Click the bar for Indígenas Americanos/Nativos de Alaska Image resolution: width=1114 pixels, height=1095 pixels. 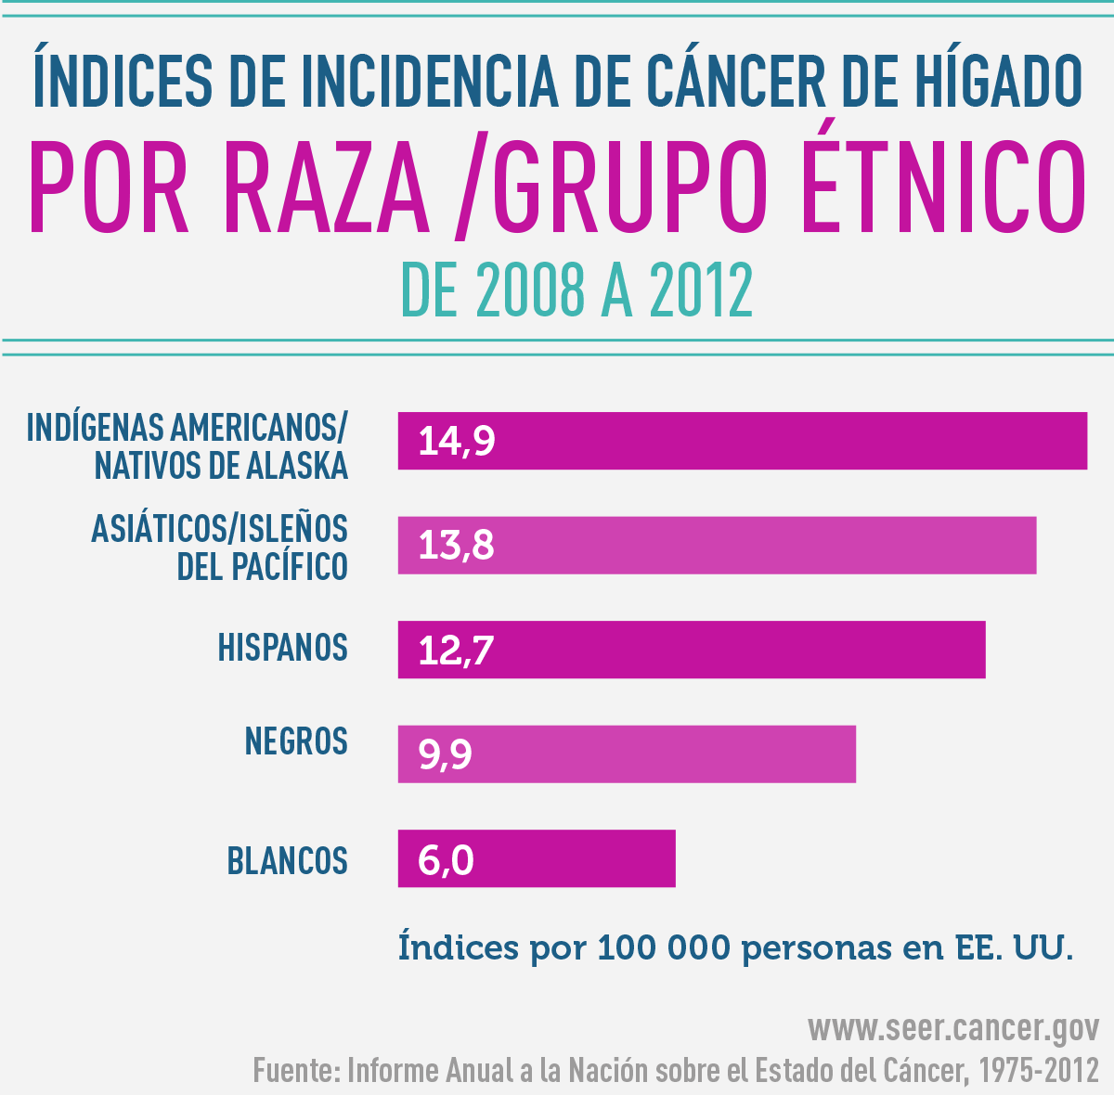click(x=743, y=441)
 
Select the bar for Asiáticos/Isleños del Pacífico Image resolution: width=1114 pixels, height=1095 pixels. click(x=717, y=545)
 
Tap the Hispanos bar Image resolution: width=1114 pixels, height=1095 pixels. click(x=692, y=650)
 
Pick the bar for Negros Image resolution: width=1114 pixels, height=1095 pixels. click(x=627, y=754)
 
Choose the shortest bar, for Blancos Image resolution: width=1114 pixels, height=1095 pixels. click(x=537, y=858)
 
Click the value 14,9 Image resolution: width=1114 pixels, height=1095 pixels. click(x=457, y=441)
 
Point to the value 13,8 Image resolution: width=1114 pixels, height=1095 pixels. click(x=457, y=545)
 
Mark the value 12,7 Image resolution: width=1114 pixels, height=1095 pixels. click(x=457, y=650)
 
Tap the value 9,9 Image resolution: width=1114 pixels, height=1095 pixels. click(x=446, y=754)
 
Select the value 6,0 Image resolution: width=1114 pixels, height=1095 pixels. click(x=447, y=859)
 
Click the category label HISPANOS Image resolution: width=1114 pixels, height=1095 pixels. click(x=282, y=648)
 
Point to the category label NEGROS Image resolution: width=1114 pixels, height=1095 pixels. click(x=296, y=741)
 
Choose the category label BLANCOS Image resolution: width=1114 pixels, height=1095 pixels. click(x=288, y=861)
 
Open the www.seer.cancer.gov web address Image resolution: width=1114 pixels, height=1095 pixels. click(x=953, y=1028)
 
